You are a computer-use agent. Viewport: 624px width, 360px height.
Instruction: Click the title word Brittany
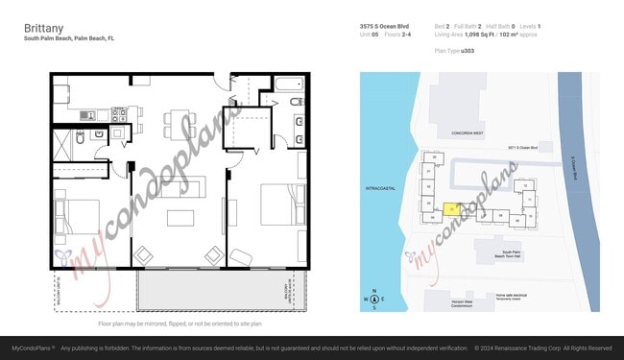pyautogui.click(x=44, y=29)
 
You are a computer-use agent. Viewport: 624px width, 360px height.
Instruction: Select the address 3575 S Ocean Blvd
pyautogui.click(x=385, y=26)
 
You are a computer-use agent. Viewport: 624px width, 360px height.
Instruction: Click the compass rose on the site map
pyautogui.click(x=375, y=300)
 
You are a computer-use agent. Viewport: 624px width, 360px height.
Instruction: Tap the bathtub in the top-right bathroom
pyautogui.click(x=289, y=100)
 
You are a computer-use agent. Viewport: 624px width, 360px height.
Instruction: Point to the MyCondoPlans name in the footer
pyautogui.click(x=31, y=348)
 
